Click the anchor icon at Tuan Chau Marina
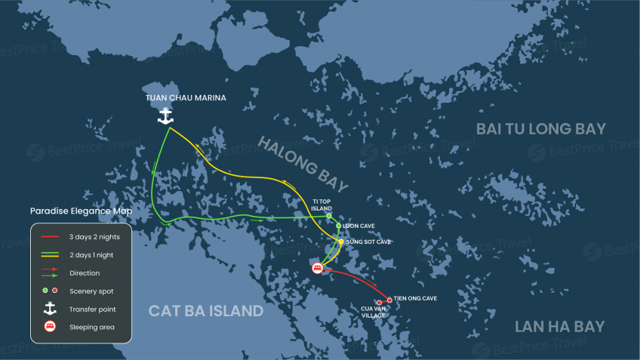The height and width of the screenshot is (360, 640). (x=165, y=115)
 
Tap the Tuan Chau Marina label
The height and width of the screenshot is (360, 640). (x=186, y=98)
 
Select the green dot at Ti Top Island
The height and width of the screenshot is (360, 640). (x=329, y=217)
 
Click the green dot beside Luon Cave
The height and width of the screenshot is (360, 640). (x=338, y=226)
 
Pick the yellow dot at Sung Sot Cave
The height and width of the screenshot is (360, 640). (x=341, y=242)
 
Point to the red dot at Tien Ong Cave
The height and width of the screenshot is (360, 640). (x=389, y=300)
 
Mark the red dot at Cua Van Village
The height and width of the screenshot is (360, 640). (x=379, y=303)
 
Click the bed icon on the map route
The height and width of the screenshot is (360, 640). (x=318, y=268)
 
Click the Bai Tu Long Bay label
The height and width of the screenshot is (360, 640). (x=540, y=129)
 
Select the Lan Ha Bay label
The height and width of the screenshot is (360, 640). (x=559, y=326)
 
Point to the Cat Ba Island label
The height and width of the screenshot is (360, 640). (x=205, y=310)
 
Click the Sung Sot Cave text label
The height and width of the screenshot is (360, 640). (x=368, y=242)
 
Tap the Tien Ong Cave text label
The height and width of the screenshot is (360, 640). (x=415, y=299)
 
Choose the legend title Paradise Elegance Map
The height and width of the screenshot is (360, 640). (x=81, y=211)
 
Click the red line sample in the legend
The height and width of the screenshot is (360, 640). (x=50, y=237)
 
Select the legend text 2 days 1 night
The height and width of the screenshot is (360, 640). (x=92, y=254)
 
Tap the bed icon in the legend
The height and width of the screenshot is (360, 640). (x=50, y=327)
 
